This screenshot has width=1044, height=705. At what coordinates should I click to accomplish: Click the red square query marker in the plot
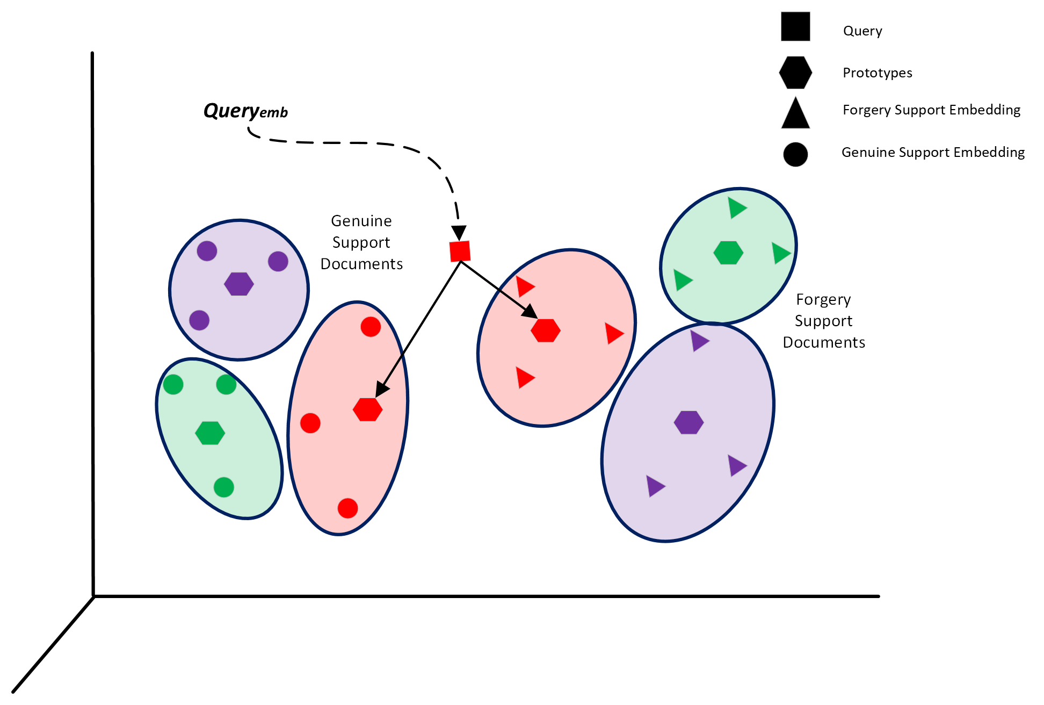click(460, 251)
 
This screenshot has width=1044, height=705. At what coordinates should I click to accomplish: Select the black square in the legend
click(795, 27)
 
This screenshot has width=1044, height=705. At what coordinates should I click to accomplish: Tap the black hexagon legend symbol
click(795, 73)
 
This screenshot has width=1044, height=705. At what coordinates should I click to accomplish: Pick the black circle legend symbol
click(795, 155)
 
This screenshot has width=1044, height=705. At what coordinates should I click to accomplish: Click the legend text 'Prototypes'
click(877, 73)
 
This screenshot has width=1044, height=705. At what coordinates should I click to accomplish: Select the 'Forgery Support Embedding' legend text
click(931, 110)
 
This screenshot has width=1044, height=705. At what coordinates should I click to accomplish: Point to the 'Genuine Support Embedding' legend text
click(933, 153)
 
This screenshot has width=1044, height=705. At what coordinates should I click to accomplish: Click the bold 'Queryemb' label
click(245, 111)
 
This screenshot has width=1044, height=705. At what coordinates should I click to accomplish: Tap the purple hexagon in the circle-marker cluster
click(239, 284)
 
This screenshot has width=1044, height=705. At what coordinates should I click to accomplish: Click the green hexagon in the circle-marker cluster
click(210, 433)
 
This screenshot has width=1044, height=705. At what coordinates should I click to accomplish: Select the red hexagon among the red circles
click(368, 409)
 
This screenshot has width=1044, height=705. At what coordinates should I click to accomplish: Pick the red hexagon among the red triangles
click(546, 330)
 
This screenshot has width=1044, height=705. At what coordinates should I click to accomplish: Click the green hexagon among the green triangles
click(728, 253)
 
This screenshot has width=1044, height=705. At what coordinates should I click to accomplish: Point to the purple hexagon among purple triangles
click(689, 422)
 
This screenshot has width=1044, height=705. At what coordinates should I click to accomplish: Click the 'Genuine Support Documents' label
click(361, 242)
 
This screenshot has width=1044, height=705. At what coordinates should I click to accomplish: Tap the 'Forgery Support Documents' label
click(823, 321)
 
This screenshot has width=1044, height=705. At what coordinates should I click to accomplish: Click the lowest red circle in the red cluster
click(348, 508)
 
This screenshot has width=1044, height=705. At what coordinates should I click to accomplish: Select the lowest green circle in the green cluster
click(224, 487)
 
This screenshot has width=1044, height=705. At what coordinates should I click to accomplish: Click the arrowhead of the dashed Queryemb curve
click(459, 233)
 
